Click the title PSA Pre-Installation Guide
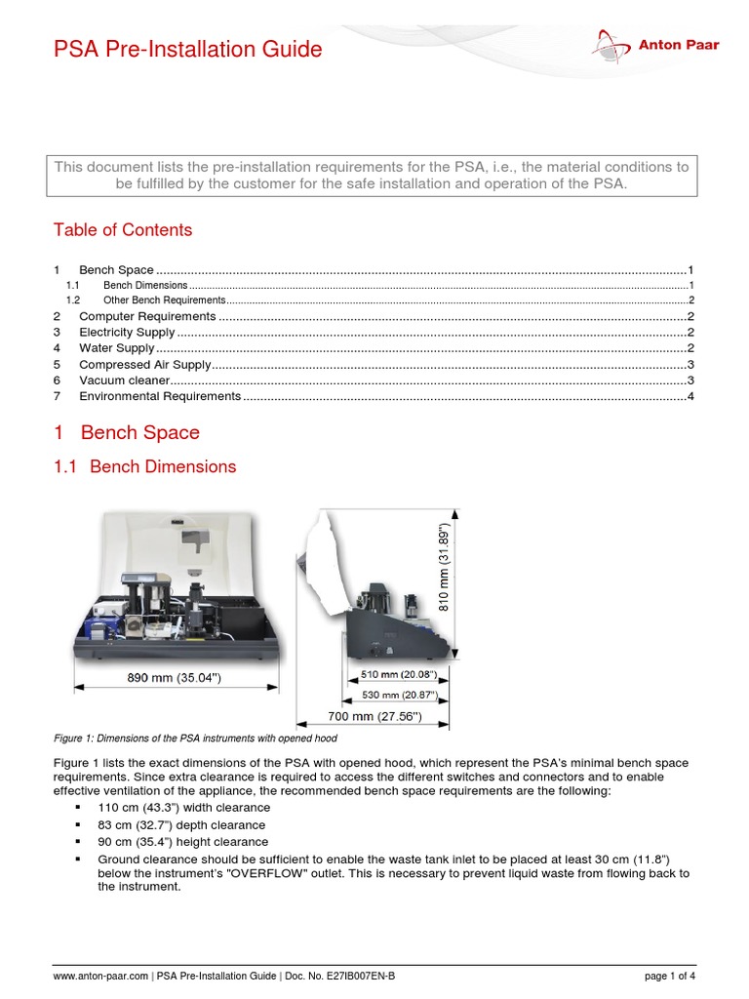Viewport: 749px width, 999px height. click(x=187, y=49)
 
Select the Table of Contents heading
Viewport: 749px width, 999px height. click(x=122, y=230)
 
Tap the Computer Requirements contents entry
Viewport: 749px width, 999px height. click(x=146, y=316)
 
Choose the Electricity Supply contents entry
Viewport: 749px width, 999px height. click(x=127, y=333)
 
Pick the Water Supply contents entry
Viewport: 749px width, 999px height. click(x=116, y=348)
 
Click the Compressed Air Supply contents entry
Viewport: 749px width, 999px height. click(x=144, y=364)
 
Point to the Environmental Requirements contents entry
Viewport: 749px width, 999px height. click(x=160, y=396)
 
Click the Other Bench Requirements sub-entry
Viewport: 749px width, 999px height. click(x=164, y=300)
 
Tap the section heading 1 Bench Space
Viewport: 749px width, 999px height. click(x=127, y=432)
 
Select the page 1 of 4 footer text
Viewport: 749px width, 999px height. click(x=669, y=976)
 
